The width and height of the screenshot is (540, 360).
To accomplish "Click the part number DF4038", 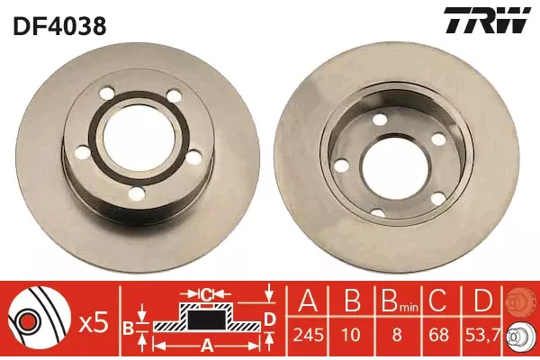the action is tap(59, 25).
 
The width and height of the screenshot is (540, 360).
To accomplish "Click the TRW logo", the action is tap(487, 21).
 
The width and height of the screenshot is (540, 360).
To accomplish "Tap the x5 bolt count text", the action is tap(94, 323).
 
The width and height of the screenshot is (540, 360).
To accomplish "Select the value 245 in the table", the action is tap(308, 335).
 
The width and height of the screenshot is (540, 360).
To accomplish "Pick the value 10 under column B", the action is tap(351, 335).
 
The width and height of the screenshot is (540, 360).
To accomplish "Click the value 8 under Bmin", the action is tap(397, 335).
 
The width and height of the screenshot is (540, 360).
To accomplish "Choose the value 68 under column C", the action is tap(439, 335).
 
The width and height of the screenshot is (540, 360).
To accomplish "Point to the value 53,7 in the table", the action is tap(482, 335).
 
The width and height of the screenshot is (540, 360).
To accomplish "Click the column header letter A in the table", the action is tap(308, 301).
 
